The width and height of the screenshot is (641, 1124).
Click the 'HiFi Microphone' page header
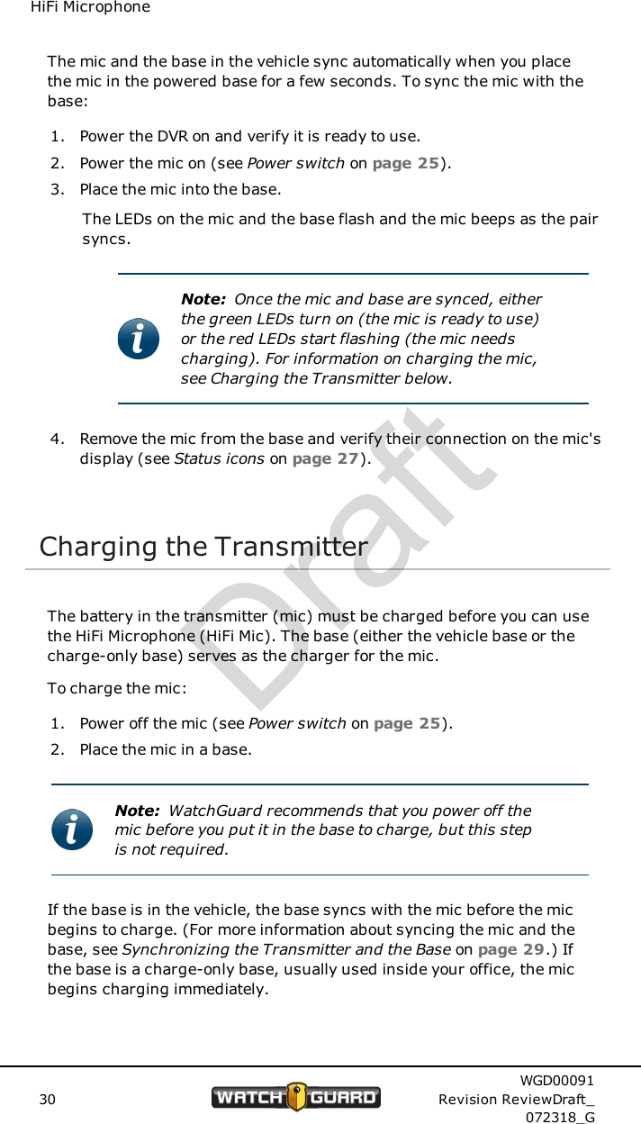pyautogui.click(x=90, y=8)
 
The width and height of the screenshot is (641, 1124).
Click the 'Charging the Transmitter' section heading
pyautogui.click(x=203, y=547)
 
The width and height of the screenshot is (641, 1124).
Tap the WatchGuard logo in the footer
pyautogui.click(x=296, y=1097)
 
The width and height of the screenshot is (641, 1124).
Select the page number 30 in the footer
pyautogui.click(x=47, y=1100)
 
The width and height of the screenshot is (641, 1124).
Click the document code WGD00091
pyautogui.click(x=556, y=1081)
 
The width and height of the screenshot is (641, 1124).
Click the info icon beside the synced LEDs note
pyautogui.click(x=139, y=339)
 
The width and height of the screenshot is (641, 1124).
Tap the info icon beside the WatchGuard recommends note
pyautogui.click(x=72, y=829)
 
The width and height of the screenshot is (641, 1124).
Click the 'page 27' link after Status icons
pyautogui.click(x=326, y=458)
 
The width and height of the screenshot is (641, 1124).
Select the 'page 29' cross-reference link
pyautogui.click(x=510, y=950)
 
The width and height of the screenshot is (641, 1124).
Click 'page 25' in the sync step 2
pyautogui.click(x=406, y=164)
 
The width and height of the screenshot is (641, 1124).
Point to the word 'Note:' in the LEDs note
pyautogui.click(x=203, y=299)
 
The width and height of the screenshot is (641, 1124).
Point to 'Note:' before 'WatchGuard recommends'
pyautogui.click(x=137, y=811)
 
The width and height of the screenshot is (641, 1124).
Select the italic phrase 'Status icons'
pyautogui.click(x=219, y=458)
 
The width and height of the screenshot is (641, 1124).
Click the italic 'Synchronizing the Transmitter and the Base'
pyautogui.click(x=286, y=950)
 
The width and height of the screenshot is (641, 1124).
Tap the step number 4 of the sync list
pyautogui.click(x=57, y=440)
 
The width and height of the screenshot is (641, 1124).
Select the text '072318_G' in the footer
pyautogui.click(x=559, y=1118)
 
